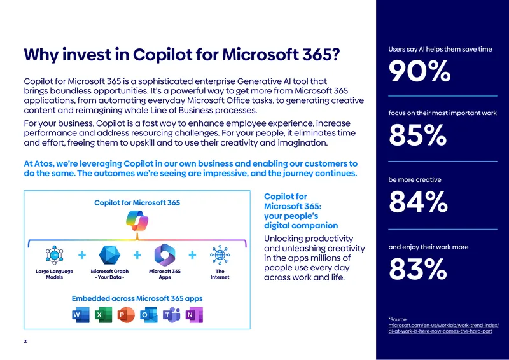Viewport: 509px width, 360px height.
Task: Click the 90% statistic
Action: coord(419,71)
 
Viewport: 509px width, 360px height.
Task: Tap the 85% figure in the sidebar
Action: coord(418,135)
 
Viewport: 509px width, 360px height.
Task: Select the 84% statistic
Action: coord(418,202)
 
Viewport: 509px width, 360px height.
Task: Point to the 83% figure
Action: coord(418,269)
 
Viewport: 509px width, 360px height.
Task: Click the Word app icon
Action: coord(81,315)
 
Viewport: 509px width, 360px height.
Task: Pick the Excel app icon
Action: coord(103,315)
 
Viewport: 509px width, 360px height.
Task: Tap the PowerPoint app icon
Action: coord(126,315)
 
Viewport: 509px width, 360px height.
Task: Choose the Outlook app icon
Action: coord(149,315)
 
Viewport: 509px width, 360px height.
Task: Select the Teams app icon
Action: coord(171,315)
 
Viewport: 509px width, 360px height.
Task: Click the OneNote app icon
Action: coord(194,315)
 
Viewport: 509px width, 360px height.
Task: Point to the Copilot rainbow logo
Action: coord(137,221)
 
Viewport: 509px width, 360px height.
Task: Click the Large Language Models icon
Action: coord(54,255)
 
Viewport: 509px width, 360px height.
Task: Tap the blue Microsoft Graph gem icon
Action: coord(109,255)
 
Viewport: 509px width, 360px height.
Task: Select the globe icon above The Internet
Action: coord(220,255)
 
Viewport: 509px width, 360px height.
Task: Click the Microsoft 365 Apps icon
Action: coord(165,255)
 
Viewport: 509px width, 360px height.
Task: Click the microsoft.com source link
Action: coord(443,328)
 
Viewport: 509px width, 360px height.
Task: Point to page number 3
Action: coord(25,342)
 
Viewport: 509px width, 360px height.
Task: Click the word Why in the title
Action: coord(41,55)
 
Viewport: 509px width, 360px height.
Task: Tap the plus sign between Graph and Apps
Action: coord(137,255)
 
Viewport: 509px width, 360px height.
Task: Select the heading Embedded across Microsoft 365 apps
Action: coord(137,298)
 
